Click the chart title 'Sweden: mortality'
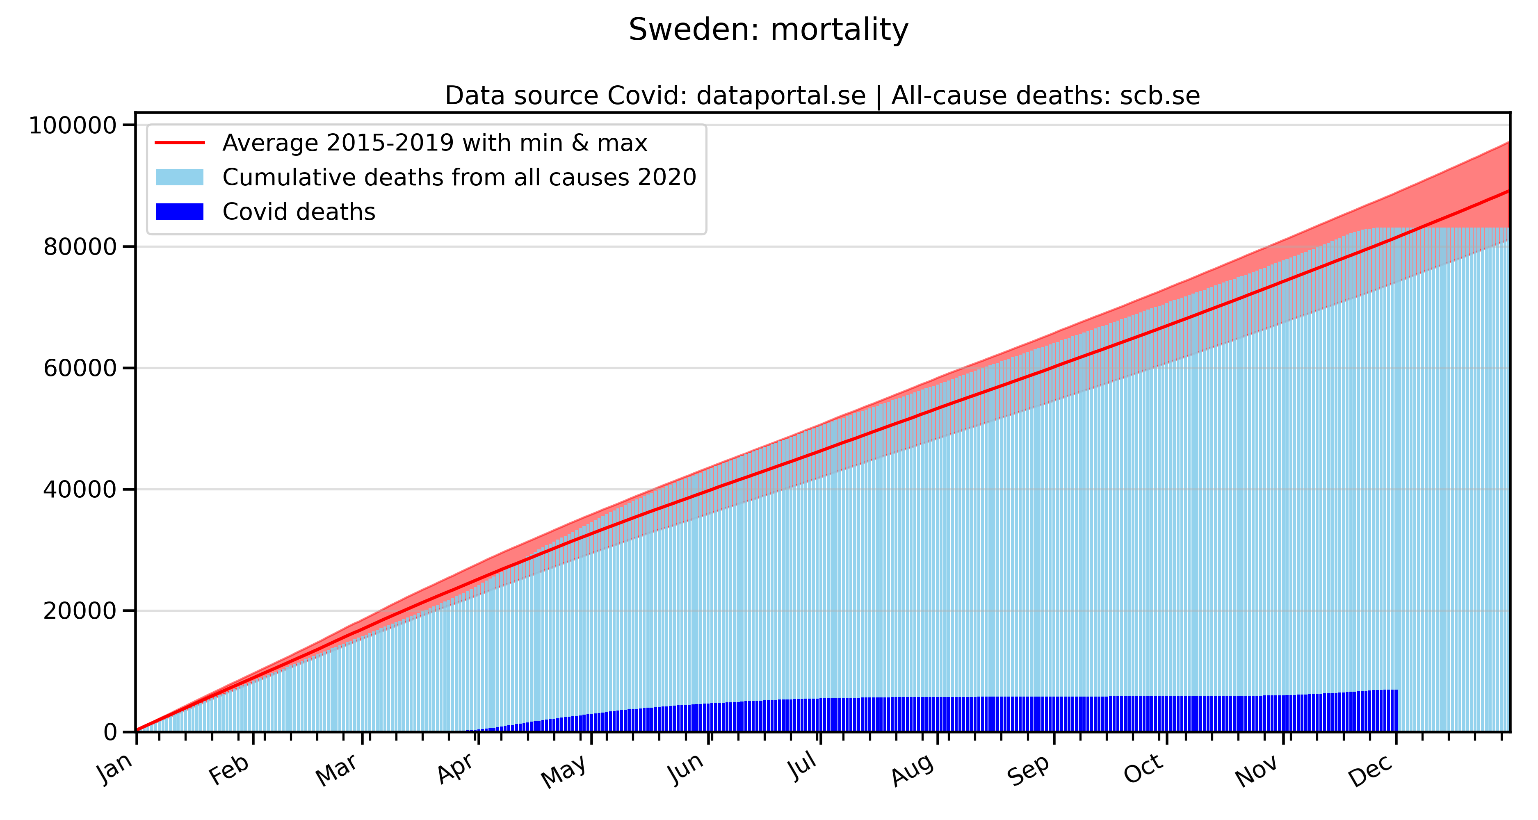tap(769, 30)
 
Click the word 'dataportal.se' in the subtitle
tap(781, 96)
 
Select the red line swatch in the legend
tap(180, 143)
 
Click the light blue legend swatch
tap(180, 177)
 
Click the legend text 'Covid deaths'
tap(299, 212)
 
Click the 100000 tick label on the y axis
tap(72, 126)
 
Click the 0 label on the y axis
tap(110, 732)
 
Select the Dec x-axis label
tap(1370, 770)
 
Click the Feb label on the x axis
tap(229, 770)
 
